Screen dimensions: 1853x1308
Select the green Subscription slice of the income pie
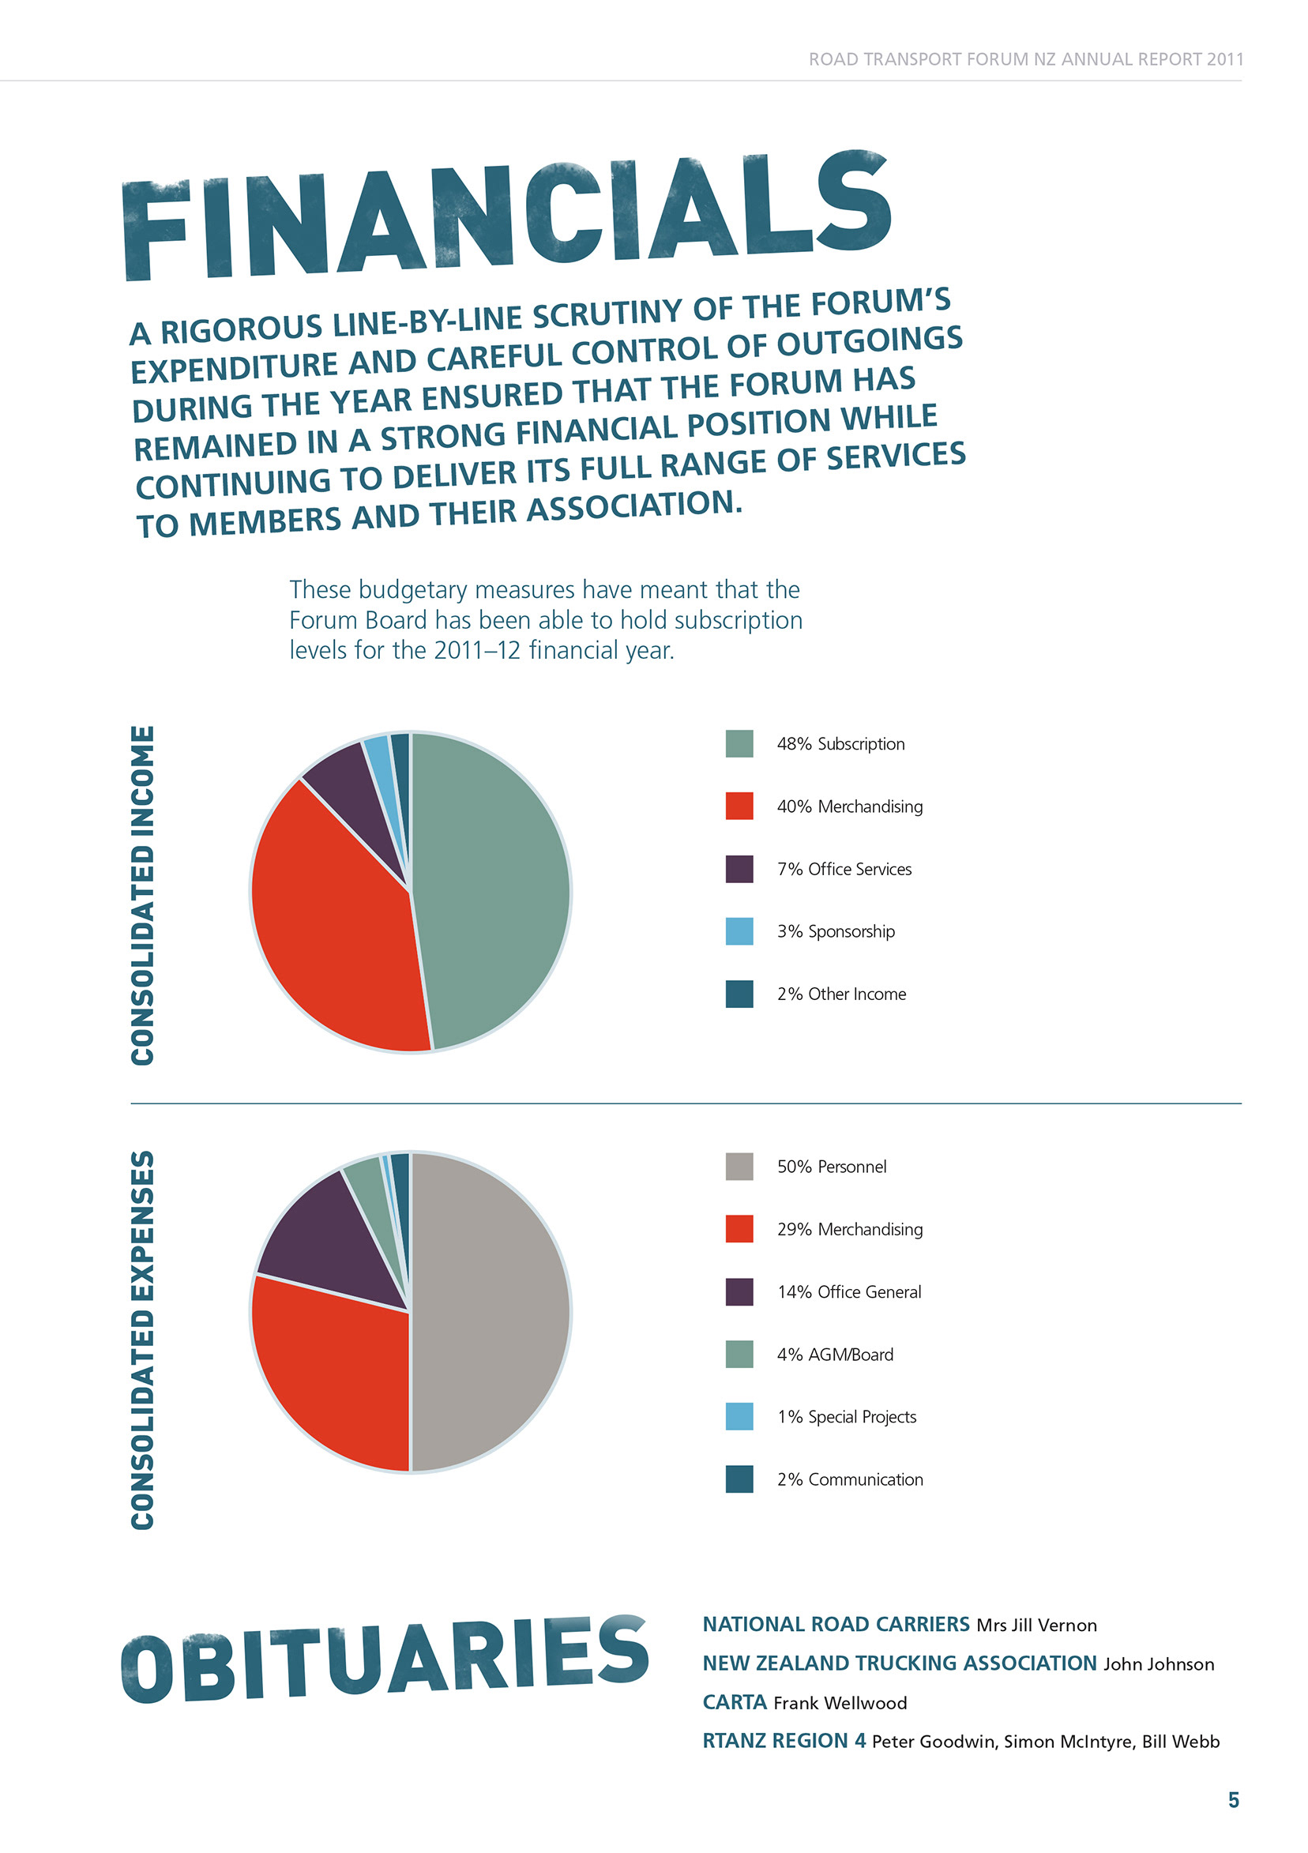(492, 888)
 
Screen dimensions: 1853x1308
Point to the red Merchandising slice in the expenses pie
(331, 1372)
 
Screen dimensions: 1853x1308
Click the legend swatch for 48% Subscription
(739, 743)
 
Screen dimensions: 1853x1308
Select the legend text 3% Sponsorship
(835, 931)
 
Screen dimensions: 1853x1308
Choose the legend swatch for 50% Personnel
(739, 1166)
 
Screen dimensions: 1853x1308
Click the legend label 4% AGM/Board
(835, 1355)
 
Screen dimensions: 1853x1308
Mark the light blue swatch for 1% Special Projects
(739, 1416)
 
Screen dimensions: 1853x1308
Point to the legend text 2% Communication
(850, 1479)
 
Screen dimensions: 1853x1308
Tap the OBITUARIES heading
(385, 1659)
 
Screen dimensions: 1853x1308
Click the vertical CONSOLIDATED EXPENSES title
(143, 1340)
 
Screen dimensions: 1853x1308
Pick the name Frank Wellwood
(840, 1703)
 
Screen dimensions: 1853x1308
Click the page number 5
(1233, 1801)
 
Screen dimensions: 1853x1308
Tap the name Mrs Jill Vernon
(1036, 1626)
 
